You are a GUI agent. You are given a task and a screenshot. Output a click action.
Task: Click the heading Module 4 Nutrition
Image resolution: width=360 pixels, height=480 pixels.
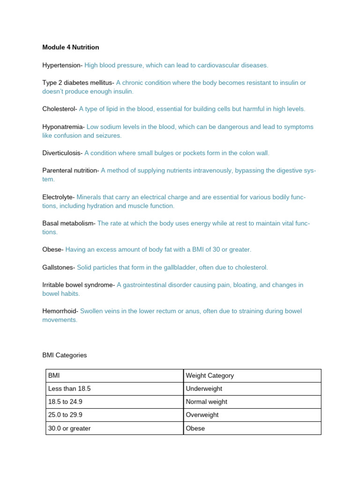[x=70, y=47]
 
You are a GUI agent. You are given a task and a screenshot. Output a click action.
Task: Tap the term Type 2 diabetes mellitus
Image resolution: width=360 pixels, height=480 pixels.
[x=77, y=82]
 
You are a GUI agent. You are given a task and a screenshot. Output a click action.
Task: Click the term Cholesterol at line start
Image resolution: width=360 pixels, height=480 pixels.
[x=59, y=109]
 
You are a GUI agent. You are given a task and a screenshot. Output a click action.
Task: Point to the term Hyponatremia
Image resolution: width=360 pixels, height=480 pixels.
[x=63, y=127]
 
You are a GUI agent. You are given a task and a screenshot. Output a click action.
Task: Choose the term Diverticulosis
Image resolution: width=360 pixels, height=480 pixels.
[x=62, y=153]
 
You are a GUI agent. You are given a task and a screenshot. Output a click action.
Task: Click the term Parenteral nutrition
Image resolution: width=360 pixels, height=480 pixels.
[x=70, y=171]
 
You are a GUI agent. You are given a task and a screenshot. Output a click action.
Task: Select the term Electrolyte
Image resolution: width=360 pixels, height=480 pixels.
[x=58, y=197]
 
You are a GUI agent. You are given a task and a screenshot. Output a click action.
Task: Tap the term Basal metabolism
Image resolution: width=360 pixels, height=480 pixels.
[x=68, y=223]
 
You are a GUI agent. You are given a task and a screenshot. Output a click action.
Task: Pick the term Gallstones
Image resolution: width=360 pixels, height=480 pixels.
[x=58, y=267]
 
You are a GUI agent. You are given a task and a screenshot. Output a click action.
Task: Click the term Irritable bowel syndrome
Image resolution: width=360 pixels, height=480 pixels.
[x=78, y=285]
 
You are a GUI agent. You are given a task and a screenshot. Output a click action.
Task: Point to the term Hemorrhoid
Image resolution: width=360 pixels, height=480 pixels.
[x=60, y=311]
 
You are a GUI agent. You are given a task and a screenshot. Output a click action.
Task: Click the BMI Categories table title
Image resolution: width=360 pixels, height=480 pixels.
[x=65, y=355]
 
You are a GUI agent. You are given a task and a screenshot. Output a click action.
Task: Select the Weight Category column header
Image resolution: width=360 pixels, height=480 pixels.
[x=210, y=375]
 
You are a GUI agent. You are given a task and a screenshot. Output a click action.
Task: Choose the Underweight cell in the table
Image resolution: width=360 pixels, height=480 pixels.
[x=204, y=389]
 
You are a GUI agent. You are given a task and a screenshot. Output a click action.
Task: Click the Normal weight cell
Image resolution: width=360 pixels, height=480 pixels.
[x=206, y=402]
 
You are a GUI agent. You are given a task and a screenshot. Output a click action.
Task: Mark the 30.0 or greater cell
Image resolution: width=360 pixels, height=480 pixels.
[x=69, y=428]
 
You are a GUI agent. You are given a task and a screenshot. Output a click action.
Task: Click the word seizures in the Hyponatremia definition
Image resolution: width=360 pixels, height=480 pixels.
[x=108, y=135]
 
